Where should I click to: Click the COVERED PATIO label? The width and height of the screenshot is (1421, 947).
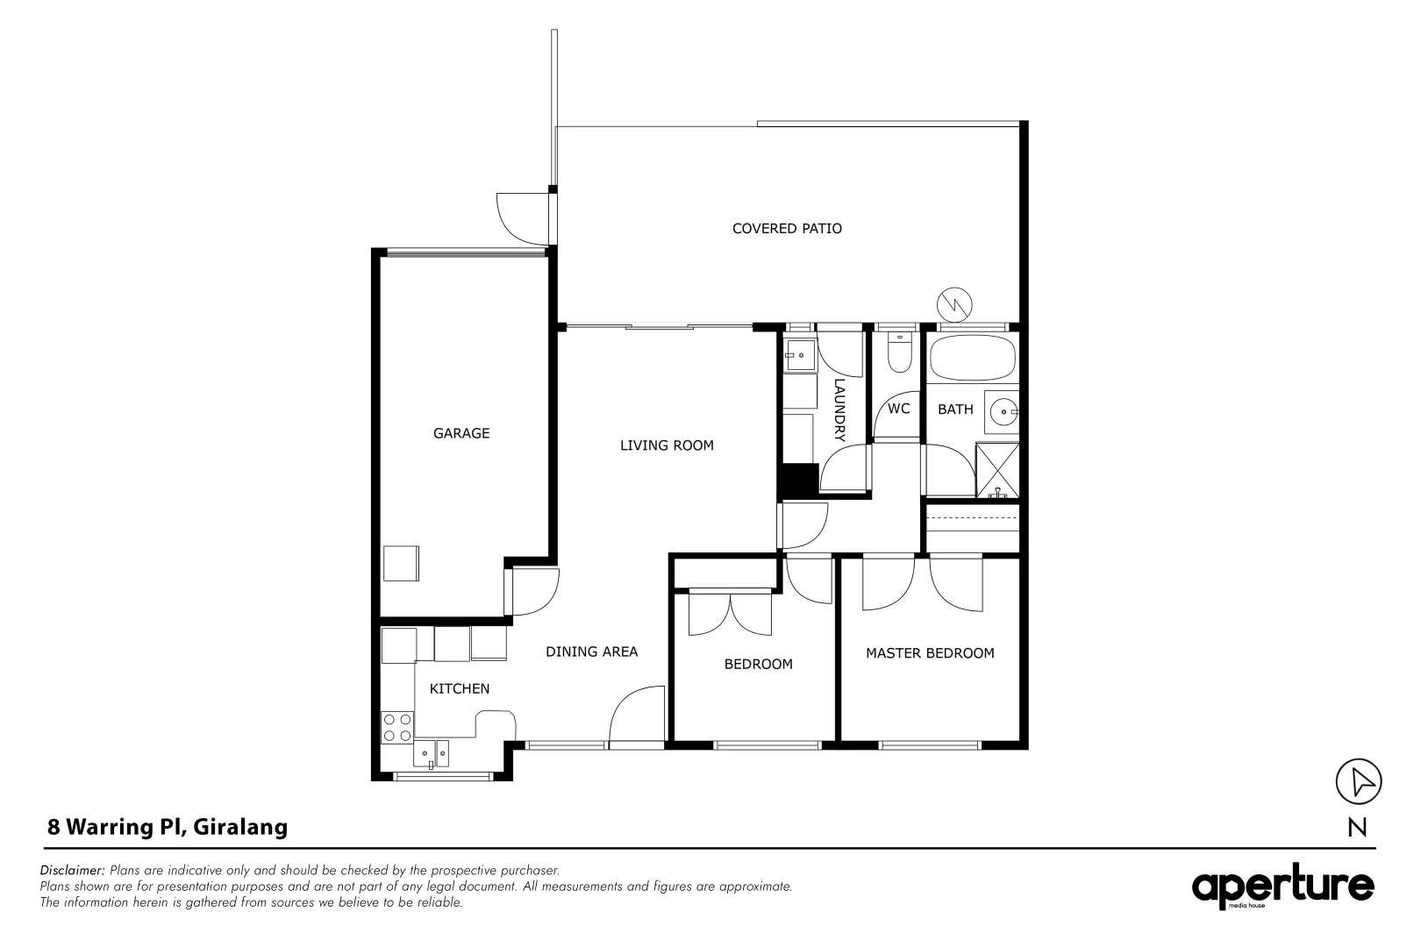(x=787, y=229)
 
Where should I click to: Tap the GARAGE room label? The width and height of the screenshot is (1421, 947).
(x=461, y=433)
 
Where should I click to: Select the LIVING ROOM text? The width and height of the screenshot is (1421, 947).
(x=667, y=445)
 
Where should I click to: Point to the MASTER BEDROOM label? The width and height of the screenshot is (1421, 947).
(x=930, y=653)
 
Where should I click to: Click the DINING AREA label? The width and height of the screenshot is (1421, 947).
(x=591, y=652)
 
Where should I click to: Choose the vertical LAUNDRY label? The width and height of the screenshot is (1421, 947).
(x=839, y=409)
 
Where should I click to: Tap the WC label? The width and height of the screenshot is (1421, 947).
(x=898, y=409)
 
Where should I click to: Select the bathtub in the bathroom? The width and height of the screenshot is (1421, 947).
(x=972, y=358)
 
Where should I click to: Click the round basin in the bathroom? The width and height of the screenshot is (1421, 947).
(x=1002, y=409)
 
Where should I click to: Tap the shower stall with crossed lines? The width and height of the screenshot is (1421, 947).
(x=998, y=471)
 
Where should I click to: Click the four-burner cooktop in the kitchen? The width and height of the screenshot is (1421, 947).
(x=397, y=727)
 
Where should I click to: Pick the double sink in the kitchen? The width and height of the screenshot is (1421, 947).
(x=432, y=753)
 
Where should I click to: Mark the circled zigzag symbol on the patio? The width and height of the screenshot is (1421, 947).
(x=954, y=304)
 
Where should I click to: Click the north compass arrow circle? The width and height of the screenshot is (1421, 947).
(x=1358, y=780)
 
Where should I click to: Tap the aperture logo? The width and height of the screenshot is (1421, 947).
(x=1282, y=887)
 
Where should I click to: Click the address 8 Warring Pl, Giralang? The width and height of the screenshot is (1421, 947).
(x=167, y=827)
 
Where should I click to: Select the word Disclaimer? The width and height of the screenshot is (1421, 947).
(x=73, y=871)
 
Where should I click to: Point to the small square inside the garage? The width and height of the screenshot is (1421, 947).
(x=401, y=563)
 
